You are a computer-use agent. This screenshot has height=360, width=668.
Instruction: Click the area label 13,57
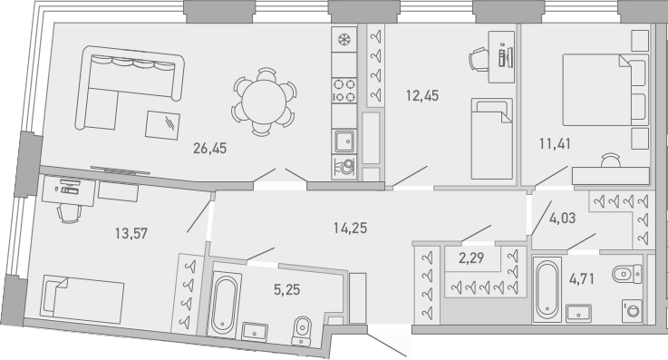(x=131, y=232)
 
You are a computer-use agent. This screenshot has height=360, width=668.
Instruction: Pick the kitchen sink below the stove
(x=344, y=140)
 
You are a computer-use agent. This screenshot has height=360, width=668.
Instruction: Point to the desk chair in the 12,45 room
(x=477, y=59)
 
